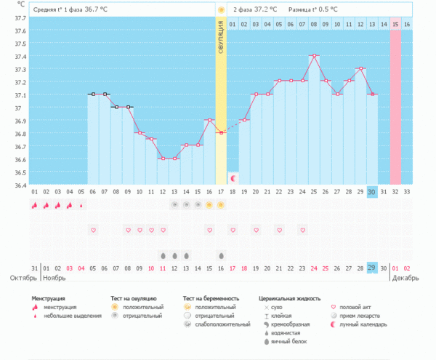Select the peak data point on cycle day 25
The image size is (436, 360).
coord(314,55)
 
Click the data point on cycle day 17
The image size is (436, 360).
coord(221,132)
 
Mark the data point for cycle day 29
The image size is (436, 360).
coord(360,68)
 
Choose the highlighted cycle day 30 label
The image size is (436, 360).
coord(372,191)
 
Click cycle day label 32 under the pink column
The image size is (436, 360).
coord(395,191)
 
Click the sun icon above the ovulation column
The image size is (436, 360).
coord(221,9)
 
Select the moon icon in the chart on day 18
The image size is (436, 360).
coord(233,177)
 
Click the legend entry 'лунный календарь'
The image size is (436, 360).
coord(363,324)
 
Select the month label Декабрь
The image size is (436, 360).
coord(407,277)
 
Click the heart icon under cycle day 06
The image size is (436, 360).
coord(93,230)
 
